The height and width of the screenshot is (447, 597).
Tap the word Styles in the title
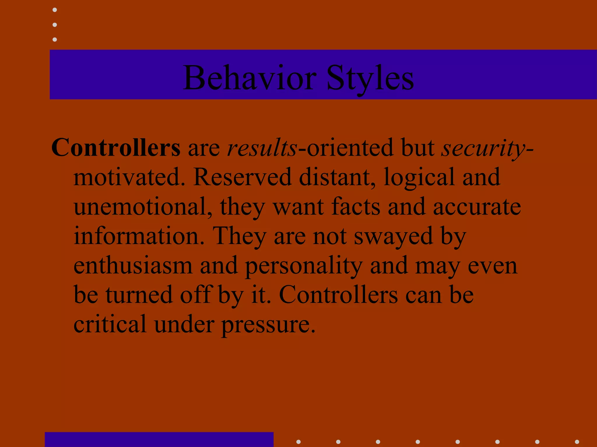(370, 78)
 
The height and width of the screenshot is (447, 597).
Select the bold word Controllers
(116, 148)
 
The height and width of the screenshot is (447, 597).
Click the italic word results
(262, 148)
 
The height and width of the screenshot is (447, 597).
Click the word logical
(419, 178)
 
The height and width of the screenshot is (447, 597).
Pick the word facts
(356, 207)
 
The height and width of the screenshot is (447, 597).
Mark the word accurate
(477, 207)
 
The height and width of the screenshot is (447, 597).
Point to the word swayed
(393, 236)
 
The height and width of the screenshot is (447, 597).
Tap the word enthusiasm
(133, 265)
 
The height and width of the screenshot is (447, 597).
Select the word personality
(303, 266)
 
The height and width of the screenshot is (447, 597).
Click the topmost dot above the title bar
(55, 10)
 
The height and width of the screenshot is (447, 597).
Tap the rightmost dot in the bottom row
(577, 442)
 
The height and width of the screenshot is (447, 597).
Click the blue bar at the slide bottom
(159, 439)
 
